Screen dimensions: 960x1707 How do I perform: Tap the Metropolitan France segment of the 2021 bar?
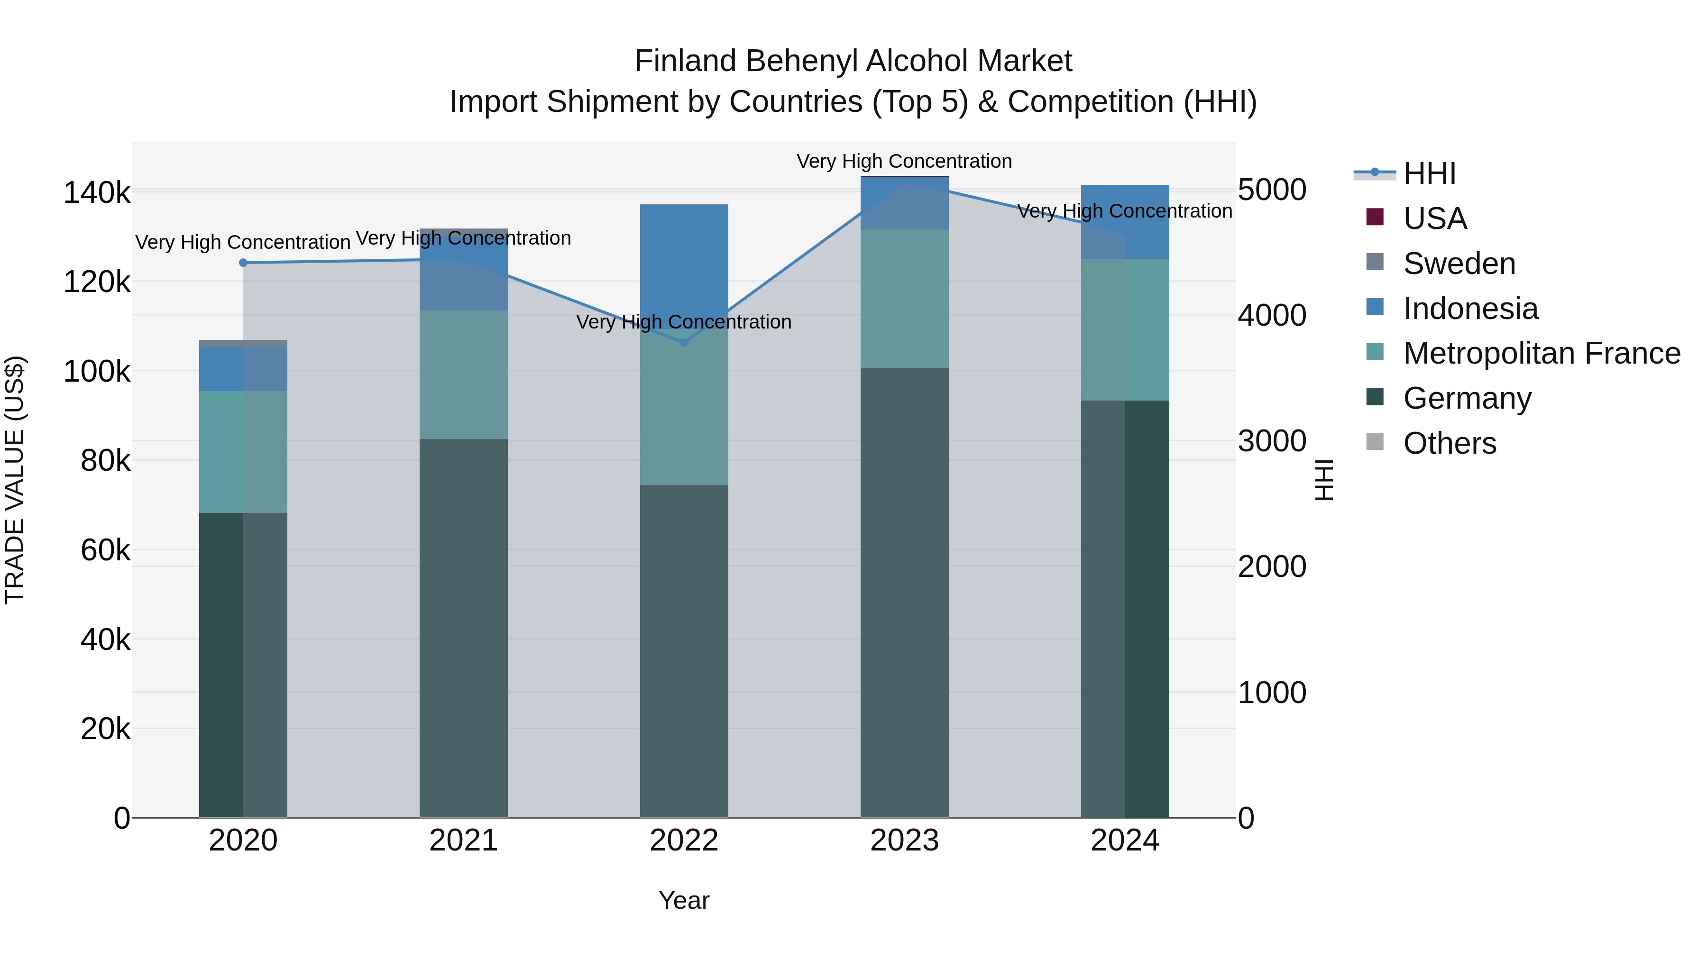[464, 375]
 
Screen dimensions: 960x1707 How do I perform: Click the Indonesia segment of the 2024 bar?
[1125, 222]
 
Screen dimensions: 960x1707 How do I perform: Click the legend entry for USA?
[1435, 219]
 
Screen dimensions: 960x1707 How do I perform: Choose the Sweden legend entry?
[1459, 264]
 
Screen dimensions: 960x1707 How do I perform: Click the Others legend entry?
[1449, 443]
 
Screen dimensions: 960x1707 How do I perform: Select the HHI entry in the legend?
[1429, 174]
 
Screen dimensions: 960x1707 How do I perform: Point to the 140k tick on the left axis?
[97, 193]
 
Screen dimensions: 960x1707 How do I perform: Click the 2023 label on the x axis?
[905, 841]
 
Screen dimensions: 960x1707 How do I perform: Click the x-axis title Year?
[684, 900]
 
